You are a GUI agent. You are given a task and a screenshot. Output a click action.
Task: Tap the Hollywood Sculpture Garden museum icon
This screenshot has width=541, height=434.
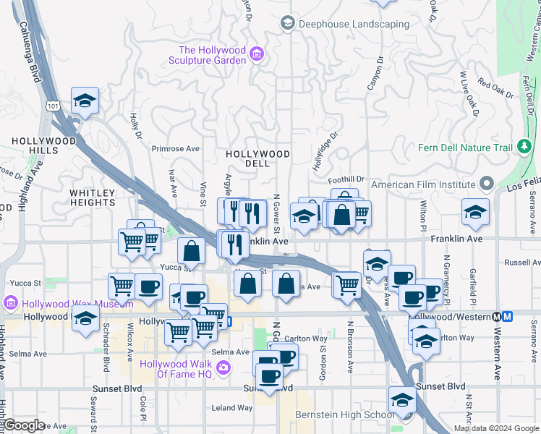pos(256,54)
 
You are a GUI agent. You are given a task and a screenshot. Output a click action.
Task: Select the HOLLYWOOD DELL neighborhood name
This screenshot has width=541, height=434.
pos(257,158)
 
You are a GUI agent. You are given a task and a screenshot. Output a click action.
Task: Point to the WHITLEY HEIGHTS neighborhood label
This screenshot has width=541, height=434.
pos(93,198)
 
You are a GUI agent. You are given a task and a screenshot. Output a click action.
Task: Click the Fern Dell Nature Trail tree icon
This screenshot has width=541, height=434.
pos(524,148)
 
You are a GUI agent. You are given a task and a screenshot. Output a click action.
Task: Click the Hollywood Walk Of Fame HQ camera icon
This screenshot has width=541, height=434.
pos(223,369)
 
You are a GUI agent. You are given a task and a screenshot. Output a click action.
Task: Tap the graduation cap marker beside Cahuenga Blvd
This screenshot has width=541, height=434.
pos(85,101)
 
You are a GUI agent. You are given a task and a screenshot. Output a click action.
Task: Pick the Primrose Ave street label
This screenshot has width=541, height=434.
pos(175,148)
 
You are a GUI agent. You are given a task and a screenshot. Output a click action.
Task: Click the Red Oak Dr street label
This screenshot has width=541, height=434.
pos(495,90)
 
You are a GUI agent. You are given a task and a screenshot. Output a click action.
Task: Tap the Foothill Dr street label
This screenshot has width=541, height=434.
pos(346,179)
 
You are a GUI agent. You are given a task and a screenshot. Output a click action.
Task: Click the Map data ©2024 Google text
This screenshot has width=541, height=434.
pos(496,428)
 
